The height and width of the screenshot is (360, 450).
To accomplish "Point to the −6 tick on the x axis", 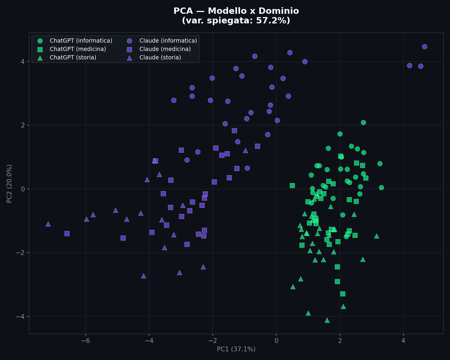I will [85, 341].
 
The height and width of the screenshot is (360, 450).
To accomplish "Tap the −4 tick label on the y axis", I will [21, 316].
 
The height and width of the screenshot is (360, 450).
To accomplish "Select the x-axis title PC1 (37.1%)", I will [236, 349].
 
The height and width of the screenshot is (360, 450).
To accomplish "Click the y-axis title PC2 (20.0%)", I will [10, 183].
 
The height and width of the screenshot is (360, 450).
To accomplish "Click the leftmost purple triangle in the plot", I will [48, 224].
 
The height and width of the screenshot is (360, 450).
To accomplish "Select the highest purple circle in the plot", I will [424, 46].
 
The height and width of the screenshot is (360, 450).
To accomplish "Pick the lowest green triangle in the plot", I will [327, 320].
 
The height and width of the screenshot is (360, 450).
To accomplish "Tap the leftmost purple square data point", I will [67, 233].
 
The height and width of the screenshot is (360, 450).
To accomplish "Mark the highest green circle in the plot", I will [363, 122].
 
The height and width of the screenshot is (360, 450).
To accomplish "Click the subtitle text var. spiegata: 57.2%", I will [236, 21].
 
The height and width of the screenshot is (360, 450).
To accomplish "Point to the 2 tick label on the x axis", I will [340, 341].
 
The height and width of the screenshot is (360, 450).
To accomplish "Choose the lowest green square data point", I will [343, 294].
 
